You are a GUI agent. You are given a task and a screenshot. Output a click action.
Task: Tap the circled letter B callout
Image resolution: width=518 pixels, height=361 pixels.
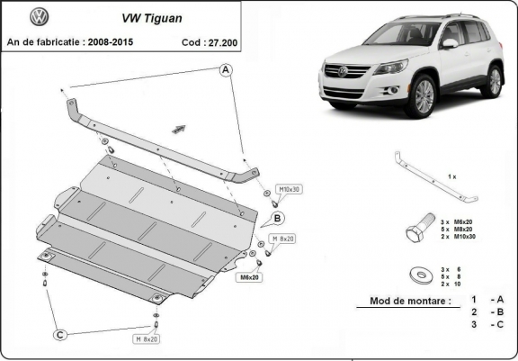(278, 218)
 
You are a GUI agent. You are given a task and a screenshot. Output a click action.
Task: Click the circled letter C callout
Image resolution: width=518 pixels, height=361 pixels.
(60, 335)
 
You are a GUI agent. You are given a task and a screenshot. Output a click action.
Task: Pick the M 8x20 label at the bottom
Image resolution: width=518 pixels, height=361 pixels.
(147, 338)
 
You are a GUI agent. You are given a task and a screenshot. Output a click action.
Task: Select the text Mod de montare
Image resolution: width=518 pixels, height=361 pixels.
(410, 302)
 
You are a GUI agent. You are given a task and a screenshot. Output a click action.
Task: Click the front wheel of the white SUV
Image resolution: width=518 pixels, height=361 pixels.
(420, 96)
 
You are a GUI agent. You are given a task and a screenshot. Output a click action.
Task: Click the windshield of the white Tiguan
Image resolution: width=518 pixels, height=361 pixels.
(402, 34)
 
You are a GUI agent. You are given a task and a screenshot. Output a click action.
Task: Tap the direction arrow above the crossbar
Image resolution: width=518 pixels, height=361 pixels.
(180, 130)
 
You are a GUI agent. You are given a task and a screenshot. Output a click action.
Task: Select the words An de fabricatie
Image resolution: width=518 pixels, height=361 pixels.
(45, 41)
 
